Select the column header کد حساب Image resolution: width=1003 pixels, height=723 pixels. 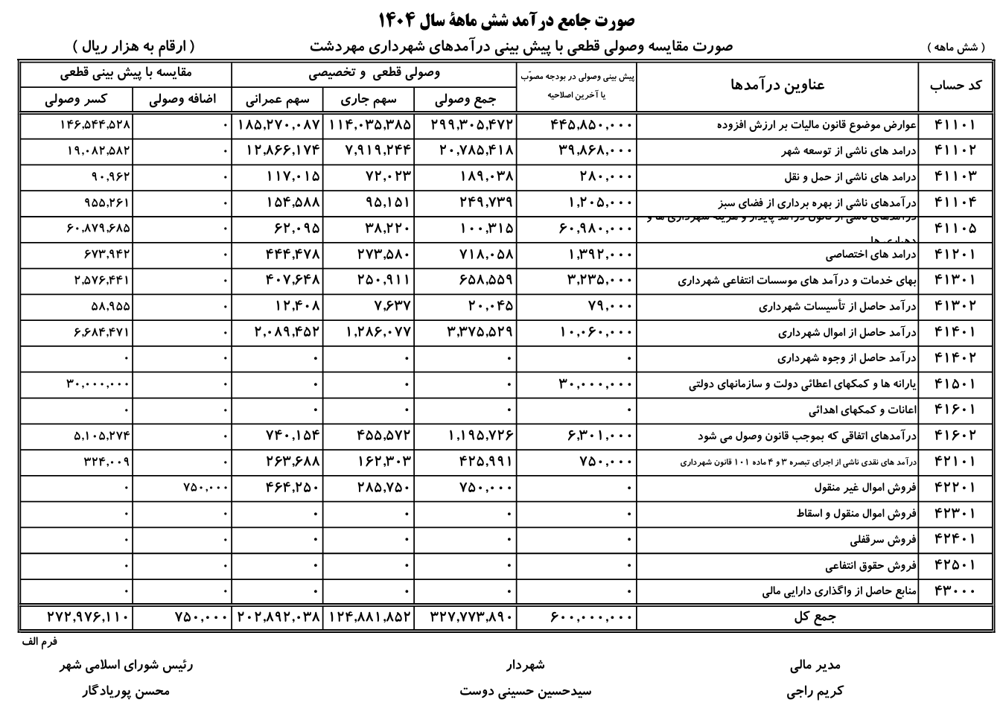pos(956,86)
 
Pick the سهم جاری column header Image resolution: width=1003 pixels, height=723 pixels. pos(369,100)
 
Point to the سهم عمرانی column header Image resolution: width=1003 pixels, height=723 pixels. pos(277,100)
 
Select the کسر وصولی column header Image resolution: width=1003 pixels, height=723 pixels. pos(76,100)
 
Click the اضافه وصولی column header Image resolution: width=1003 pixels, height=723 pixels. pos(182,100)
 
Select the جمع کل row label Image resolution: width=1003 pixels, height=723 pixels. pos(816,617)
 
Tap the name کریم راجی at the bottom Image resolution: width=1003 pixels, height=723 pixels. pos(815,691)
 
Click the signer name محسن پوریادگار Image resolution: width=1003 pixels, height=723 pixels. pos(126,691)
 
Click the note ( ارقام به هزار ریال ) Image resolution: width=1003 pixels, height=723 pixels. pos(135,46)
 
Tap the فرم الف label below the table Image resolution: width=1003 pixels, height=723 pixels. pos(39,640)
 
